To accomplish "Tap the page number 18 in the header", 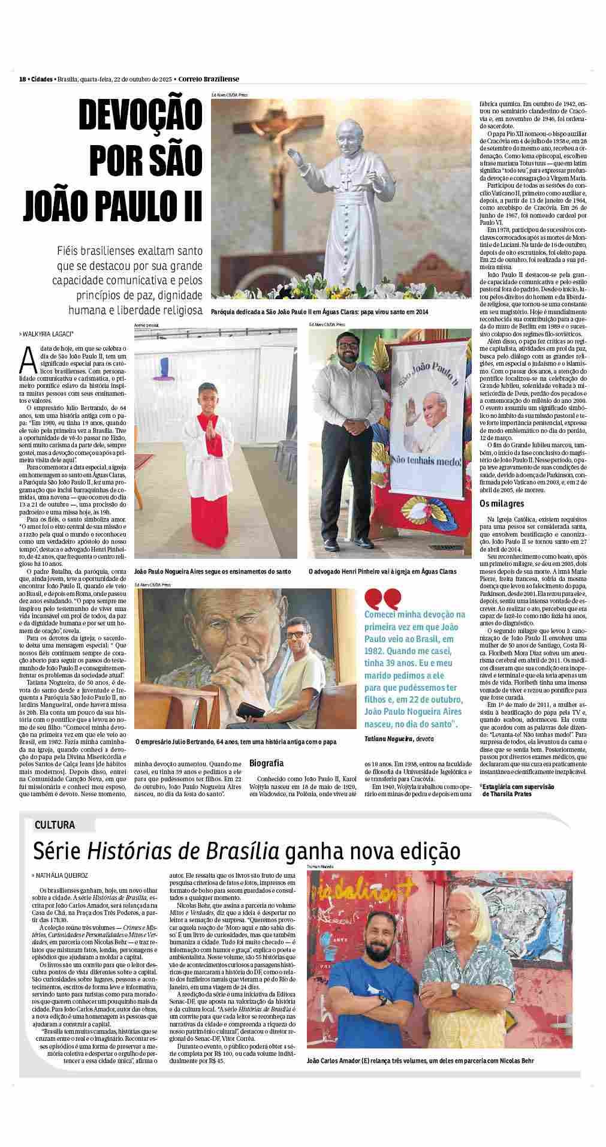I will (x=22, y=79).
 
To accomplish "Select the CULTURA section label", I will (x=55, y=824).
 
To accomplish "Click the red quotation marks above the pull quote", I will (x=375, y=598).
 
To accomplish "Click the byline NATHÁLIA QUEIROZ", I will (x=62, y=875).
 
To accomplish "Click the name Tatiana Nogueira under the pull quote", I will (x=386, y=739).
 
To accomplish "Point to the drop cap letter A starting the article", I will (x=25, y=359).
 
